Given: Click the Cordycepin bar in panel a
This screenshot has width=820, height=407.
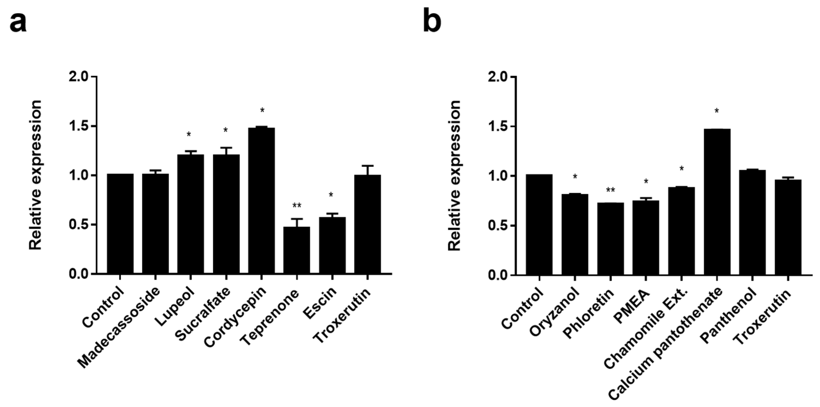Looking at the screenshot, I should tap(261, 200).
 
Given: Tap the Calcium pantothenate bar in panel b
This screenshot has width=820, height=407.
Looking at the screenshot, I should tap(717, 202).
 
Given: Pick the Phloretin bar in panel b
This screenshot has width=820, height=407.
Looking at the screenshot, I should tap(610, 239).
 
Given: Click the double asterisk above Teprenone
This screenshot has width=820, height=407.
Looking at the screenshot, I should tap(297, 206).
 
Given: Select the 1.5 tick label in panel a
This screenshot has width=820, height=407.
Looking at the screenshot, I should tap(79, 126).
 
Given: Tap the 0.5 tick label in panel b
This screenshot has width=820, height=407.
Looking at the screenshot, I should tap(498, 226).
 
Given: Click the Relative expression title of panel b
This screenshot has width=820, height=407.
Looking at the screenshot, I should tap(455, 175).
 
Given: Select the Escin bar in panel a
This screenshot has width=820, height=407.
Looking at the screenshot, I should tap(332, 245).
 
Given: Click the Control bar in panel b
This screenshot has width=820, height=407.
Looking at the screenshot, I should tap(539, 224).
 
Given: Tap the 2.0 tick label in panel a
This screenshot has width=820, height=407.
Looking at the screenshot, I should tap(79, 77).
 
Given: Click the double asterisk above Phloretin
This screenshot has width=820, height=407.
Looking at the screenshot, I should tap(610, 190).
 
